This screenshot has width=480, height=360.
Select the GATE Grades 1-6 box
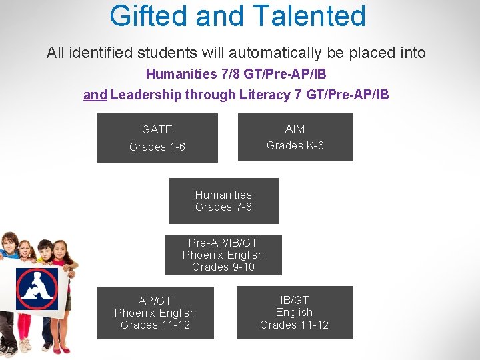coord(157,138)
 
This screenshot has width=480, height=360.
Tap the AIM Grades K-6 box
coord(295,137)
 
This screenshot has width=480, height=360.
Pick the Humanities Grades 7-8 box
coord(223,201)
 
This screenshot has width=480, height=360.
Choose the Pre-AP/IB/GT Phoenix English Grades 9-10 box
coord(223,255)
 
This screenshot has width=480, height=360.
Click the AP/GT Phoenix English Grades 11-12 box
coord(155,313)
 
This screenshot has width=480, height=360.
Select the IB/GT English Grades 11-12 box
coord(294,313)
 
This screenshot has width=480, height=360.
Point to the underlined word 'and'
coord(95,95)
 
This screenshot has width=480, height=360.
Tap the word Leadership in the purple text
coord(147,95)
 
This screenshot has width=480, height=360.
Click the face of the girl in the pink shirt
coord(59,251)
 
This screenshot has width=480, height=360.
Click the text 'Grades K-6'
coord(295,145)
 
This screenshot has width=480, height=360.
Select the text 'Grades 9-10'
coord(223,267)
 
